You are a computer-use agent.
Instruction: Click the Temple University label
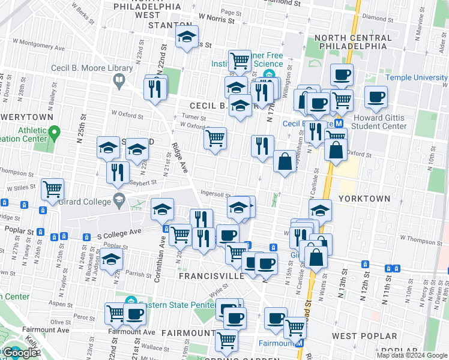417,77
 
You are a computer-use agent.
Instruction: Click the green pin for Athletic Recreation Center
55,131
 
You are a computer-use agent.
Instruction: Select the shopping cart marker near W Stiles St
53,188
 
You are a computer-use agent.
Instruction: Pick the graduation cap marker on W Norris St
187,37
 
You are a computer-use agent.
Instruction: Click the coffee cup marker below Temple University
376,97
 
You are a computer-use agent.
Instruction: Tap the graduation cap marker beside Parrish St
112,259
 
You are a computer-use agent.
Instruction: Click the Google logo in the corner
19,353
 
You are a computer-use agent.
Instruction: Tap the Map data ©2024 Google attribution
412,355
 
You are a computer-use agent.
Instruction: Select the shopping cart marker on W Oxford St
215,137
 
